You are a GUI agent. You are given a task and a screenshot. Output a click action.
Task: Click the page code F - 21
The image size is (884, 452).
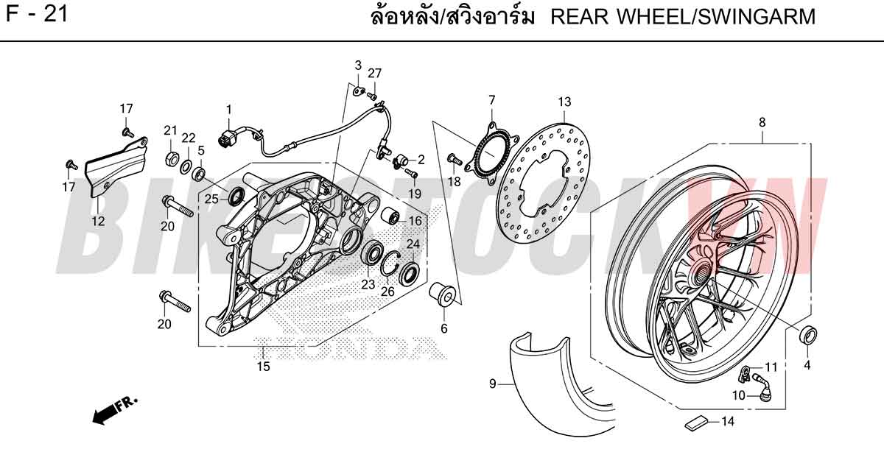coord(37,14)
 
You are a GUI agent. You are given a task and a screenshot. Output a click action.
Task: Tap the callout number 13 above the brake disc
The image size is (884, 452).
coord(564,102)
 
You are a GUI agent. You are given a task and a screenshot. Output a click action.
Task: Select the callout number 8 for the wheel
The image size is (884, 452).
coord(762,122)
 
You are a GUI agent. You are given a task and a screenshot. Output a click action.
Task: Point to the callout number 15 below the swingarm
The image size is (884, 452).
coord(264,367)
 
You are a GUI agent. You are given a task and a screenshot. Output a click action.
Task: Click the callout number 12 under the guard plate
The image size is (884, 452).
coord(98,221)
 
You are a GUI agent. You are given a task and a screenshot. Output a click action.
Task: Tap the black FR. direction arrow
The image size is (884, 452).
coord(114,411)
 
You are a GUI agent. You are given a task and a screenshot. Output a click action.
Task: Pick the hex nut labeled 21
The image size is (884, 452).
coord(171,158)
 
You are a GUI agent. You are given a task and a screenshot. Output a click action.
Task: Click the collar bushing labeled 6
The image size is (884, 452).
coord(443,294)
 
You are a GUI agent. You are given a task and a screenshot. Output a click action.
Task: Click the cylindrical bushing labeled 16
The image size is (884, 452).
coord(390,213)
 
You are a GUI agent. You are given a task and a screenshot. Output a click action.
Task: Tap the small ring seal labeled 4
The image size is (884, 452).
coord(808,336)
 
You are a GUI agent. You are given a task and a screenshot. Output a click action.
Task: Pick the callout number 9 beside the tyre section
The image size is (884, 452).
coord(493,384)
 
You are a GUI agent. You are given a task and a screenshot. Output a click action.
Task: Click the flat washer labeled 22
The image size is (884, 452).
coord(186,167)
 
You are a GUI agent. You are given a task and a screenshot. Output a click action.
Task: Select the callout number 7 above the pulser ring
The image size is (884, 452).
coord(492,100)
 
